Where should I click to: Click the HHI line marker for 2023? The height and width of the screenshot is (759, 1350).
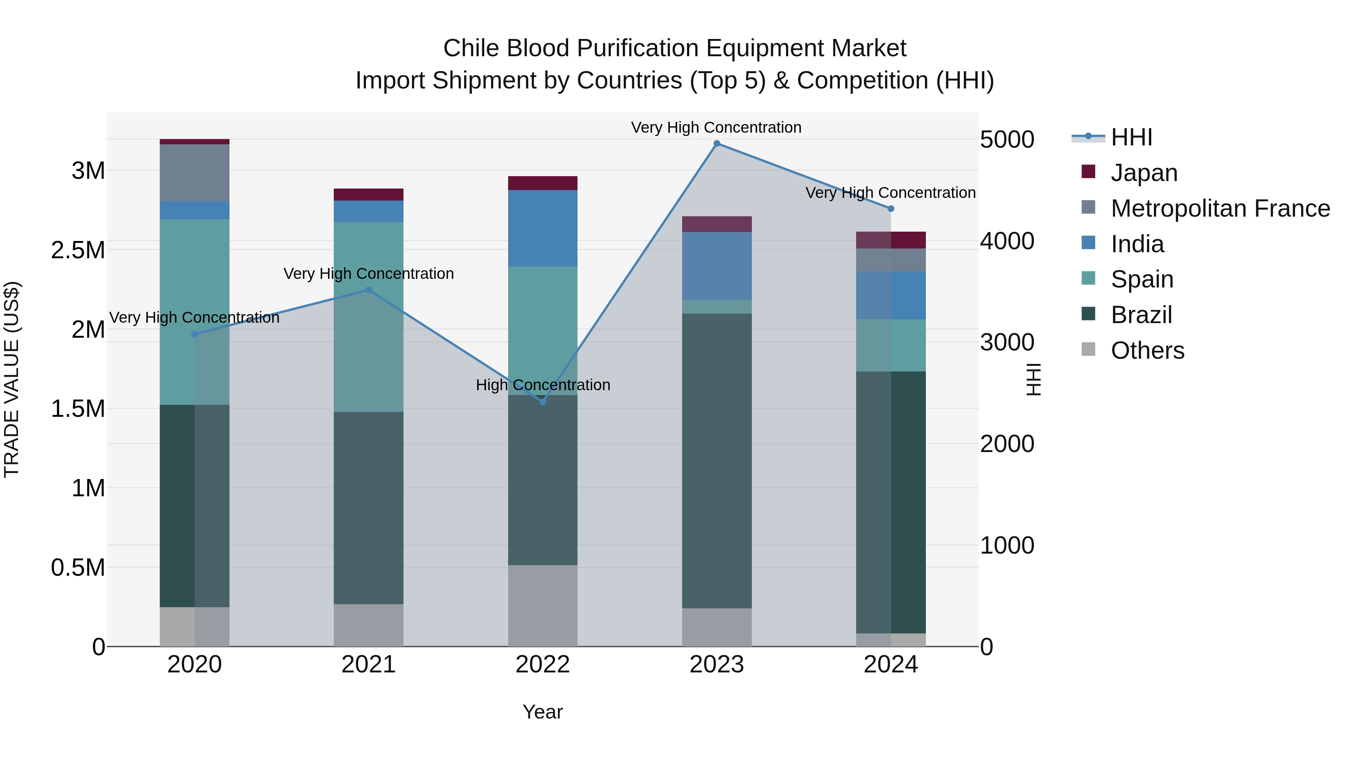[716, 144]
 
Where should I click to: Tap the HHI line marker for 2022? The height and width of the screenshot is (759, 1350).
[542, 402]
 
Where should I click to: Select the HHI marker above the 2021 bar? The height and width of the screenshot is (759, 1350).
[368, 290]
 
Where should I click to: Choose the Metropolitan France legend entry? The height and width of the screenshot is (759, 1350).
[1219, 208]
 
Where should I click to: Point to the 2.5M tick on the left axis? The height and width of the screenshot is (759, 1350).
[78, 250]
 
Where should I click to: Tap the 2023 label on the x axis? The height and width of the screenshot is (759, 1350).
[716, 665]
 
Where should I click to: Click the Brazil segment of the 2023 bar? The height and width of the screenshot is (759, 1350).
[716, 461]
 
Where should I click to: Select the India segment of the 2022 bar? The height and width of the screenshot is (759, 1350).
[542, 228]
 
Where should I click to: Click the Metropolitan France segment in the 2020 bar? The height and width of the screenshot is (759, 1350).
[194, 173]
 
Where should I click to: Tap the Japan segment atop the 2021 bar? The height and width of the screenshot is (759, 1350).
[368, 194]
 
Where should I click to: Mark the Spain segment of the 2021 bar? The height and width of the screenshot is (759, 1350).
[368, 317]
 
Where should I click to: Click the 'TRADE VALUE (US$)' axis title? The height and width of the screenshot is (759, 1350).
[12, 379]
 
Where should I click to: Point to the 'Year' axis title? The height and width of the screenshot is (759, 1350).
[542, 712]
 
